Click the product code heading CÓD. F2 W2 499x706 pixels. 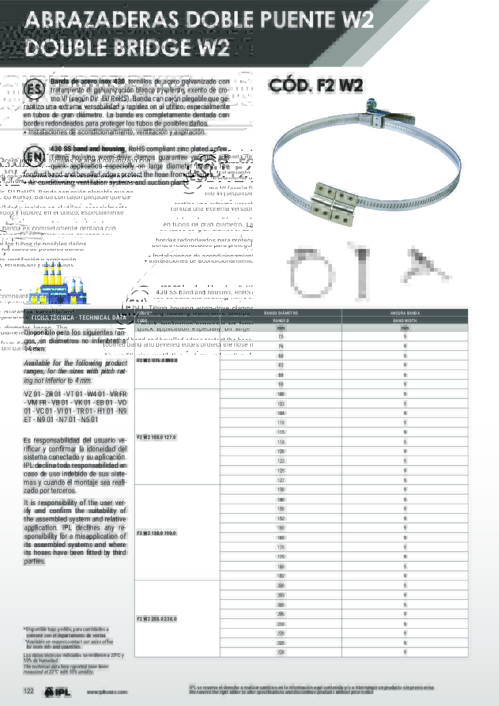coord(316,85)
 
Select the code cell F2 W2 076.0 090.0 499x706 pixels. coord(157,361)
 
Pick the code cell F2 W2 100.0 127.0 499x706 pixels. coord(156,437)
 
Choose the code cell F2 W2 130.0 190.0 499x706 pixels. coord(156,533)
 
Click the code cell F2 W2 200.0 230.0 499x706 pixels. coord(156,619)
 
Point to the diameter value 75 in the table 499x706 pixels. coord(281,337)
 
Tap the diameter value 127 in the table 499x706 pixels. coord(281,480)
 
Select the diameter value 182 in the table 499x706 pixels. coord(281,576)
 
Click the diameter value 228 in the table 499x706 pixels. coord(281,652)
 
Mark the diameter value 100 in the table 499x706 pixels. coord(281,394)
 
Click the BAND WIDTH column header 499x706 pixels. coord(405,321)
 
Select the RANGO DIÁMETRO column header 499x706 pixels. coord(281,313)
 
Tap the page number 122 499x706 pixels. coord(29,691)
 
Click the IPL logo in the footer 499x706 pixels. coord(58,692)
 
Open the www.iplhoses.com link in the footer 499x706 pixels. coord(107,692)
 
